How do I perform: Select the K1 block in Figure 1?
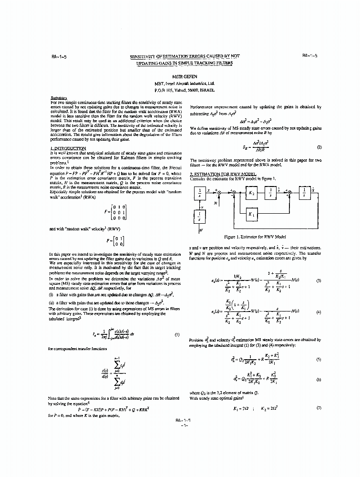[x=251, y=215]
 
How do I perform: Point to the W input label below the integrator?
[x=200, y=231]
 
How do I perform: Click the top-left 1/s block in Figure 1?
[x=200, y=193]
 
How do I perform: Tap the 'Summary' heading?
[x=58, y=98]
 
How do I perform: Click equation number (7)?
[x=318, y=409]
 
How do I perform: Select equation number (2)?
[x=318, y=148]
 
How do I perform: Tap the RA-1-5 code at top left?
[x=59, y=56]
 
